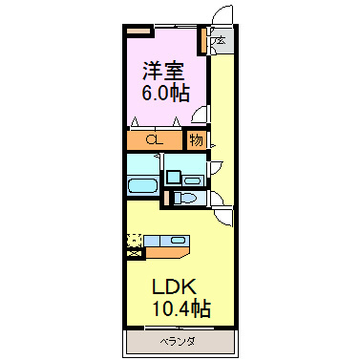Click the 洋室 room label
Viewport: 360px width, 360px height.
(163, 71)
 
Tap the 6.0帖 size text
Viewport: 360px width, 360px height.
(163, 94)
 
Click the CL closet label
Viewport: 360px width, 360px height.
(154, 141)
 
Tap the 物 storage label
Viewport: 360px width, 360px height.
(196, 140)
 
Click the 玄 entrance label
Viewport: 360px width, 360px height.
(219, 41)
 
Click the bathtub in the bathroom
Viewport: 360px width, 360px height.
(143, 185)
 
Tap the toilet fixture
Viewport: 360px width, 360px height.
(186, 199)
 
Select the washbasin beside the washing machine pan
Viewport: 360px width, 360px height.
(196, 176)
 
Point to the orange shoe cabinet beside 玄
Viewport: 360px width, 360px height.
(203, 42)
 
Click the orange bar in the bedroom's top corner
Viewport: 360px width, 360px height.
(140, 30)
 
